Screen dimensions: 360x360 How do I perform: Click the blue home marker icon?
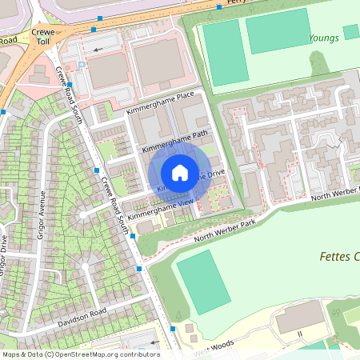pyautogui.click(x=180, y=173)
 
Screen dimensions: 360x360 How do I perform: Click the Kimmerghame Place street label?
pyautogui.click(x=160, y=105)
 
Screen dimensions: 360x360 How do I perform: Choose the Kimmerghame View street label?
pyautogui.click(x=160, y=210)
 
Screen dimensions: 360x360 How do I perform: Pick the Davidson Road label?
pyautogui.click(x=82, y=317)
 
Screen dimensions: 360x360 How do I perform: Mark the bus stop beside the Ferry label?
pyautogui.click(x=220, y=6)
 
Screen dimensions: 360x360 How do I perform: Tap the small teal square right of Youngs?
pyautogui.click(x=351, y=31)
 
